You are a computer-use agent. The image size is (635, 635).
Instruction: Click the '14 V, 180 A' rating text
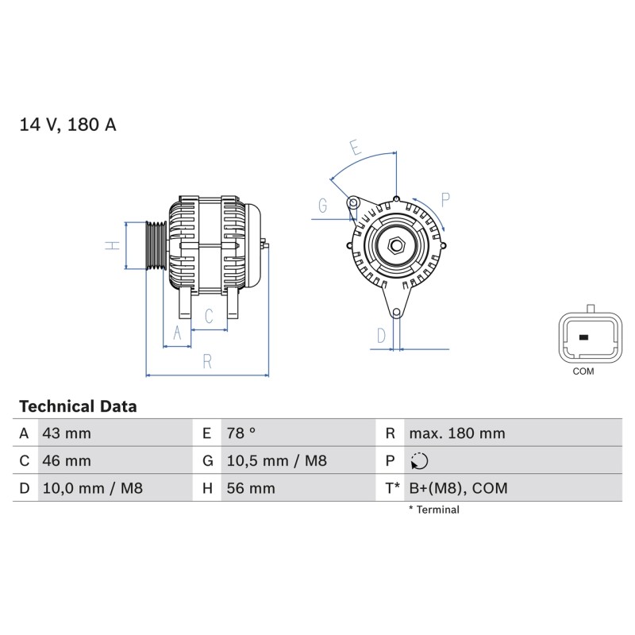click(67, 125)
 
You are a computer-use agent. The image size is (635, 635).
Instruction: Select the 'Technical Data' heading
click(78, 406)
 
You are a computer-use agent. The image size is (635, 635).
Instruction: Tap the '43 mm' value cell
click(67, 433)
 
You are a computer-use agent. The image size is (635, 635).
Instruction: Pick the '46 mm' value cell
click(67, 460)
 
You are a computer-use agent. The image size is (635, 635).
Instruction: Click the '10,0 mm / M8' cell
click(91, 488)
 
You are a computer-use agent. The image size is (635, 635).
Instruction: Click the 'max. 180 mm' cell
click(456, 433)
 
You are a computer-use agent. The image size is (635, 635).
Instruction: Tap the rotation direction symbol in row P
click(420, 461)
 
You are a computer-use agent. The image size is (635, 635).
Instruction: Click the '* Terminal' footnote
click(433, 510)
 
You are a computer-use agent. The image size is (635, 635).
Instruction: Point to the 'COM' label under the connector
click(583, 371)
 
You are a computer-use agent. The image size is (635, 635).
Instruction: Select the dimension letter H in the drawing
click(114, 245)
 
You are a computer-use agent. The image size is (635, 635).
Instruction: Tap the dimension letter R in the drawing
click(207, 361)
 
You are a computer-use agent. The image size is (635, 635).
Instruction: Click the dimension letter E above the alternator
click(356, 148)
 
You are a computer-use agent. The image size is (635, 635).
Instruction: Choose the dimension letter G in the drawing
click(322, 206)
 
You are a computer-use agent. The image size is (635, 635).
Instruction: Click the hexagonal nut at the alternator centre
click(396, 244)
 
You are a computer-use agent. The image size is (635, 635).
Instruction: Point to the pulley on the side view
click(154, 245)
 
